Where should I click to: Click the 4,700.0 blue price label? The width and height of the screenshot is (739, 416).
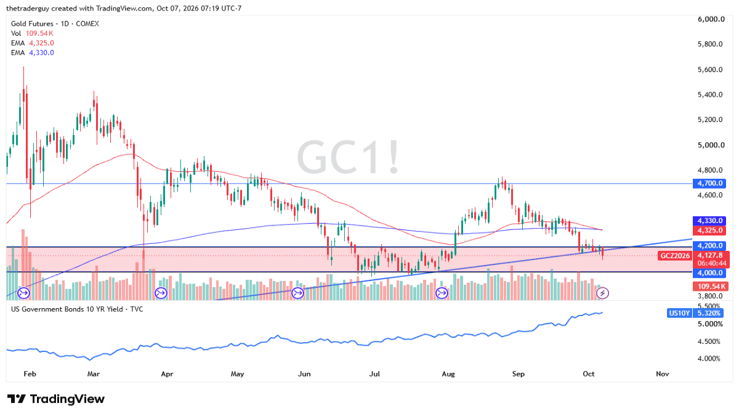709,183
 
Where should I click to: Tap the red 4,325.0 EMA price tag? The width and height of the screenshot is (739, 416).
709,230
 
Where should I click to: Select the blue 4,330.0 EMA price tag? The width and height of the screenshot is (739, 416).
709,221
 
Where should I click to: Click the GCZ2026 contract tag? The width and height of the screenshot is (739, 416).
674,256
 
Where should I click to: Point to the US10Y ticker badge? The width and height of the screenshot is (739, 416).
679,313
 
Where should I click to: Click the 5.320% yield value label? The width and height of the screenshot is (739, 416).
709,313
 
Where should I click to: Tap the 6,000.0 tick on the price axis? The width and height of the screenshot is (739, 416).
711,19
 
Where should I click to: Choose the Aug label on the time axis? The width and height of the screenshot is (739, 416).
448,374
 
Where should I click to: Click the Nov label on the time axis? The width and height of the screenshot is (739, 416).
662,374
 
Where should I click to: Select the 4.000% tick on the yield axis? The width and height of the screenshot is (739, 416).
709,359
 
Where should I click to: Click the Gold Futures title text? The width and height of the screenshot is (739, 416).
32,24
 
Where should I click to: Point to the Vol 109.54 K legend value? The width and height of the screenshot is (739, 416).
32,33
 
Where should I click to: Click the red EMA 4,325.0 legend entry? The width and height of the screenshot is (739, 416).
32,43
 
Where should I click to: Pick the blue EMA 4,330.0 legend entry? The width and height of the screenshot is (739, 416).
32,52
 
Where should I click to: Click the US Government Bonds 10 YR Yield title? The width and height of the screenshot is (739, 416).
67,309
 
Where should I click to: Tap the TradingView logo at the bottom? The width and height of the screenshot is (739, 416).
56,399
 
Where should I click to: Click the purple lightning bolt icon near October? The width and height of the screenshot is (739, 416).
602,293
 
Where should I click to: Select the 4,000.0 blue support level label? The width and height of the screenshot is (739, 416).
709,272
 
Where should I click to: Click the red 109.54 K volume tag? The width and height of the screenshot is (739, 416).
710,286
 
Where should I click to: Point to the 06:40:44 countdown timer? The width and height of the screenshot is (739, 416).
711,263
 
